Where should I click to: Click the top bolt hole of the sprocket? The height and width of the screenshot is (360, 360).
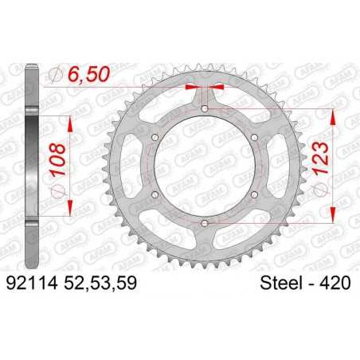205,108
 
